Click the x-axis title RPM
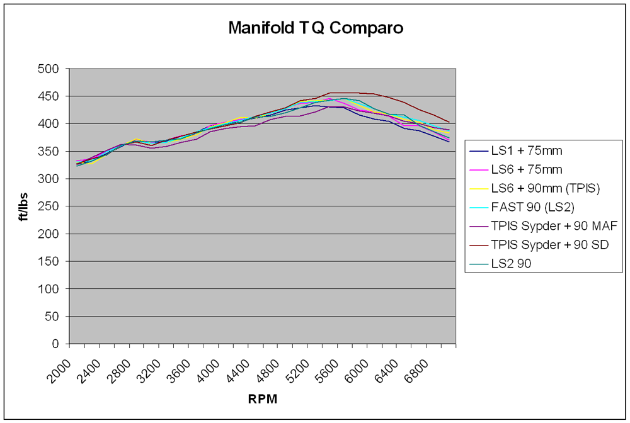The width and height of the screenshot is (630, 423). pyautogui.click(x=263, y=399)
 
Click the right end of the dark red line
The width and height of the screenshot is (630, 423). pyautogui.click(x=449, y=122)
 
